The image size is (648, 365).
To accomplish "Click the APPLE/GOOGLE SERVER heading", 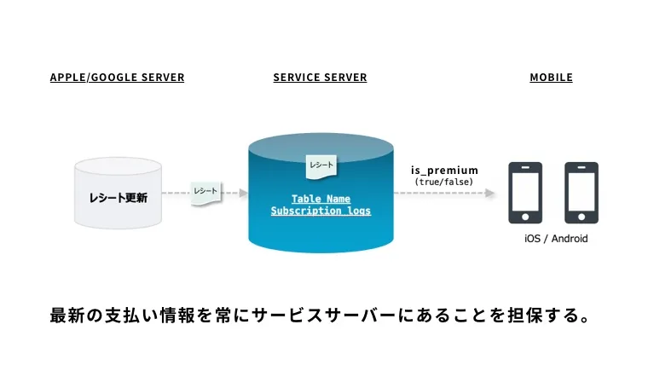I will point(117,78).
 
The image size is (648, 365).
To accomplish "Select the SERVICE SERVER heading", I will point(320,78).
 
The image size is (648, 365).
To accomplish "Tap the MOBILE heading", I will point(551,78).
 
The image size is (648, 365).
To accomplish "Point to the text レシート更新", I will point(118,198).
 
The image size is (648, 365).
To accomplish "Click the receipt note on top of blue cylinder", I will point(321,164).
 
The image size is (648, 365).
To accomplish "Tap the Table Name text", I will point(321,198).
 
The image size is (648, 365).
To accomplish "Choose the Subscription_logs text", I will point(321,211).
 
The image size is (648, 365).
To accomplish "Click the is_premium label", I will point(444,171).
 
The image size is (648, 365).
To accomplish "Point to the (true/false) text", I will point(444,182).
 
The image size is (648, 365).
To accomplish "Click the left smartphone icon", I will point(524,193).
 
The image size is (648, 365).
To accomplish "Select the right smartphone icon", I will point(581,193).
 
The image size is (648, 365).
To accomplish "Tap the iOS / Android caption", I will point(555,239).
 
